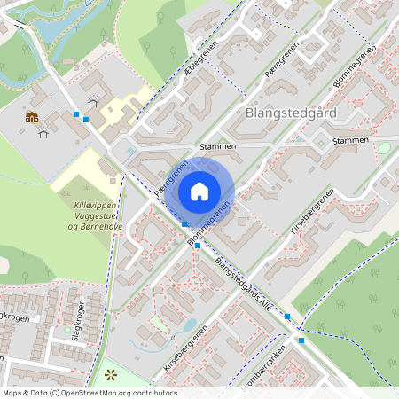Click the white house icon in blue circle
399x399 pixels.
[x=199, y=191]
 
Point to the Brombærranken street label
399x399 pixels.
[x=264, y=369]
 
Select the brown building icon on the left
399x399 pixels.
[x=32, y=117]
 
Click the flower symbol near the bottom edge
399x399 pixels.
[x=111, y=375]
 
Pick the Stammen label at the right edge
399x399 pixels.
[x=348, y=141]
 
